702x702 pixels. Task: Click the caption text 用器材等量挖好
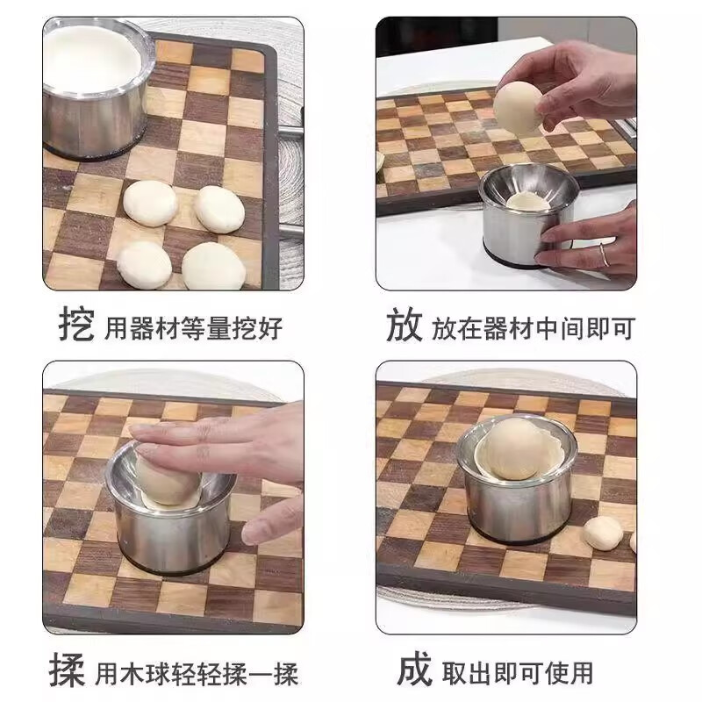194,328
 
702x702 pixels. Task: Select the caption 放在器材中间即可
532,328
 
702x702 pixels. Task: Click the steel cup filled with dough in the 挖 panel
95,88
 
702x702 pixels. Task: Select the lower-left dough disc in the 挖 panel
145,263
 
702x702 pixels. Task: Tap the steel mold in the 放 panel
526,219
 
